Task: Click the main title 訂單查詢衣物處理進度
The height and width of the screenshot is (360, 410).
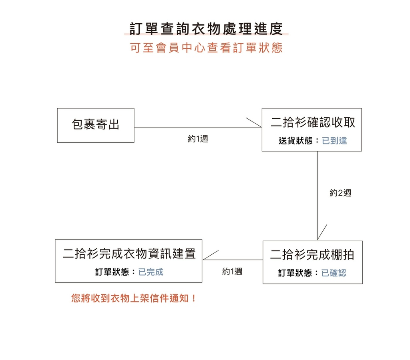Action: click(x=206, y=29)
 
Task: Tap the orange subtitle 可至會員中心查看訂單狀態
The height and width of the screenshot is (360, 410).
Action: click(x=206, y=48)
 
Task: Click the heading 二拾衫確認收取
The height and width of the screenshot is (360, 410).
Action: click(x=313, y=122)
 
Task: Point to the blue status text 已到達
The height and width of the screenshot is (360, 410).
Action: click(x=334, y=140)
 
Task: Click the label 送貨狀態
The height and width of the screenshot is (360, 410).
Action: click(x=295, y=140)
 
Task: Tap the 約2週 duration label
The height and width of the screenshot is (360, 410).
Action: click(x=340, y=193)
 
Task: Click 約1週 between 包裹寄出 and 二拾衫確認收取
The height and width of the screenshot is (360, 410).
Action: click(x=198, y=138)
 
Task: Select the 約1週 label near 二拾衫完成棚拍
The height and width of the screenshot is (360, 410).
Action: click(x=232, y=271)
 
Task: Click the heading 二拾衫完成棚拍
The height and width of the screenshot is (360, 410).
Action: click(x=312, y=254)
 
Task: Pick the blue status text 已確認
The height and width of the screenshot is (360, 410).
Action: click(x=334, y=273)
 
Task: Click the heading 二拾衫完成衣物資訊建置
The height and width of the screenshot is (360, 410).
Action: click(x=129, y=254)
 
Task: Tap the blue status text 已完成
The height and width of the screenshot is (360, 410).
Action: click(x=151, y=272)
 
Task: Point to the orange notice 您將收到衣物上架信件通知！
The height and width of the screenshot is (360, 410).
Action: click(x=134, y=298)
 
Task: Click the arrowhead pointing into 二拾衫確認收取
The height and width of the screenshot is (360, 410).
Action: click(x=261, y=127)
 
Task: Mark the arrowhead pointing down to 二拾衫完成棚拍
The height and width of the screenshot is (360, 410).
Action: click(x=318, y=239)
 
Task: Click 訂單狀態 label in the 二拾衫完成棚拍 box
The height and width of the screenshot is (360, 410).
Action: click(x=295, y=273)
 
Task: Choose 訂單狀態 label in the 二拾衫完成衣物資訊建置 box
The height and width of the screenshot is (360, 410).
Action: click(x=112, y=272)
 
